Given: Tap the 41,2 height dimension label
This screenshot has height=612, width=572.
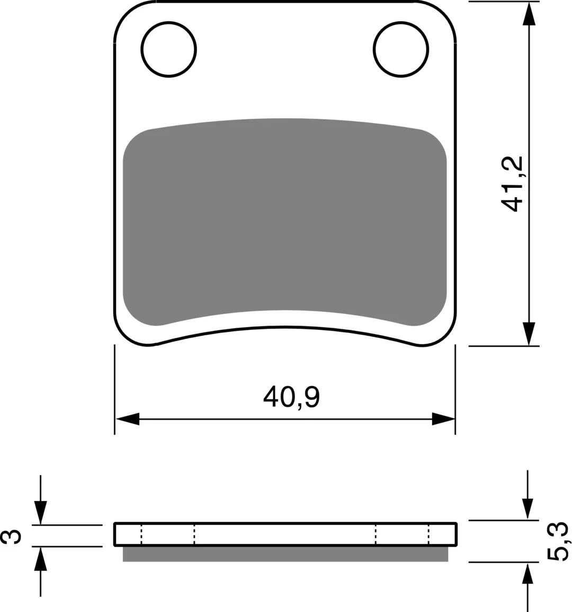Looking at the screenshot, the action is (x=512, y=183).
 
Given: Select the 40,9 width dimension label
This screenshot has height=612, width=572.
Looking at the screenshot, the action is (x=291, y=397).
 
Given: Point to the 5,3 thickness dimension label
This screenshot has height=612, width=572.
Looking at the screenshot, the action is (x=558, y=541).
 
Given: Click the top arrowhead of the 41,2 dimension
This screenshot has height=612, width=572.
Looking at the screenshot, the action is (x=529, y=14).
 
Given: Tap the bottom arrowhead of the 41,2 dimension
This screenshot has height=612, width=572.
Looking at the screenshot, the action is (x=529, y=334).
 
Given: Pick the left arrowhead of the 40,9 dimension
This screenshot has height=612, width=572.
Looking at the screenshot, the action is (x=128, y=419).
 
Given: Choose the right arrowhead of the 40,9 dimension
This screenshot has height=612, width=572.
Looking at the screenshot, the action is (x=443, y=419).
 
